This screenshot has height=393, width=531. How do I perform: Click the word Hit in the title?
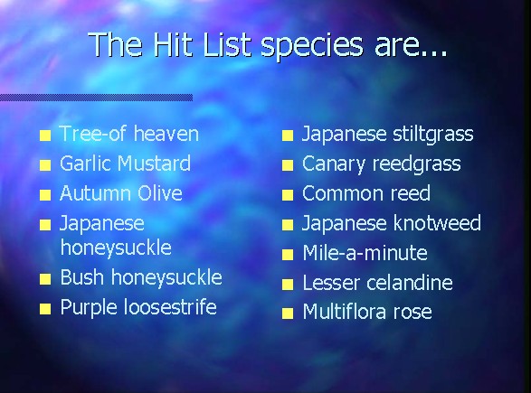174,44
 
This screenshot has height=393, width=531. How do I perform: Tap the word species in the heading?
311,47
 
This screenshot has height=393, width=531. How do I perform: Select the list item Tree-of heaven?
129,134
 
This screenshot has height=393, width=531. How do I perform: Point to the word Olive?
160,193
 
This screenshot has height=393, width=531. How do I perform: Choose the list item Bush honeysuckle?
141,278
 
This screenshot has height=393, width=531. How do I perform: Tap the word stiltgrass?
433,135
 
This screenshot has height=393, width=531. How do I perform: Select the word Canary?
334,164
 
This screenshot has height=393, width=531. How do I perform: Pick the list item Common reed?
366,193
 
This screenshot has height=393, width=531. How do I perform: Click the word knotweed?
437,223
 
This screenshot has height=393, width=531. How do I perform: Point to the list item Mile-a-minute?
365,253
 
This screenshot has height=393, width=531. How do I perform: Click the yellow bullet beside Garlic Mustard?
45,165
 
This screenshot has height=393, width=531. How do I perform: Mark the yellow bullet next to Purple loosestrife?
45,309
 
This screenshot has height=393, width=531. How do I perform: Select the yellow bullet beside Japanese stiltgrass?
288,136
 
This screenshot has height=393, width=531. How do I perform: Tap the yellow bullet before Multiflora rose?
288,313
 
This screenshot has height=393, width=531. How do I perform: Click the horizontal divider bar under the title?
96,98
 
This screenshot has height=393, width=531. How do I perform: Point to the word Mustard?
154,164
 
